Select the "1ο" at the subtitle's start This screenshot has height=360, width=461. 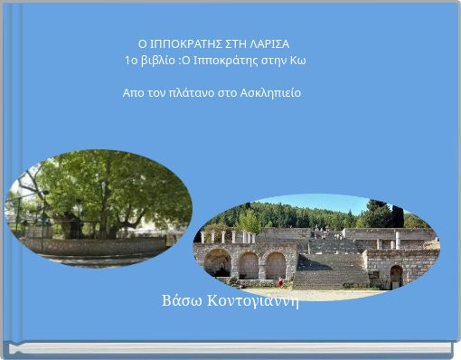[x=133, y=61]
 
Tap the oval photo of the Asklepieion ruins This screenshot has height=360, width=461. [x=316, y=243]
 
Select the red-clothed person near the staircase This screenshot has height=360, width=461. [x=280, y=282]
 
